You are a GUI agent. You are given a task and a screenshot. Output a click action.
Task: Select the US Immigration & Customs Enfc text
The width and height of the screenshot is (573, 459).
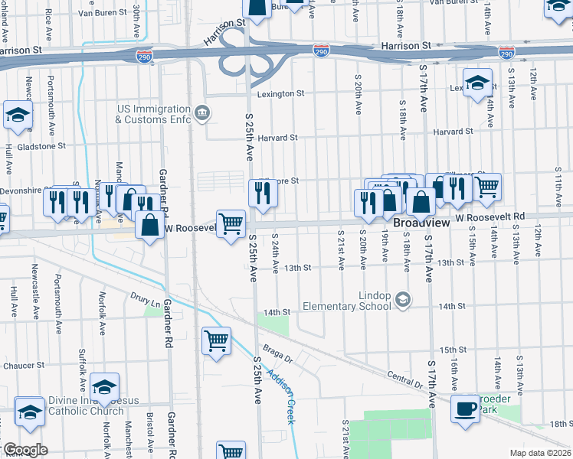(153, 115)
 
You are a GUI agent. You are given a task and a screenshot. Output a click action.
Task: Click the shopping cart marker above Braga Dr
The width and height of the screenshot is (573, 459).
(217, 340)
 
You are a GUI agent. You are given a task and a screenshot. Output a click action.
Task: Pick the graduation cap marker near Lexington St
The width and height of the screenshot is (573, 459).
(477, 82)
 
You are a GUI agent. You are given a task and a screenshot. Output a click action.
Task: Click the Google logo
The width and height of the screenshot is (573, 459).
(25, 450)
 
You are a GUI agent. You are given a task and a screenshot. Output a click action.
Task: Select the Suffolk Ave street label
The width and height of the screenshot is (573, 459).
(83, 366)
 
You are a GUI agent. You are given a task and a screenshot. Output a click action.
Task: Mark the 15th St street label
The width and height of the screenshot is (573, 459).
(453, 348)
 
